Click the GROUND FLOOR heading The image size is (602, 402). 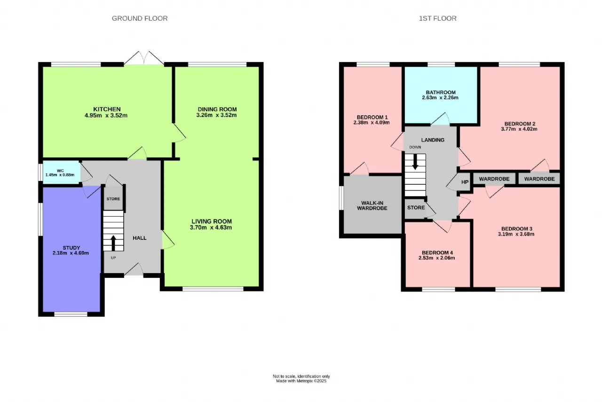click(140, 18)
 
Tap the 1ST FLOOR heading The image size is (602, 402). click(437, 18)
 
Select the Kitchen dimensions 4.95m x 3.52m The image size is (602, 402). click(106, 116)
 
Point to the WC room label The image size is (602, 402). click(60, 171)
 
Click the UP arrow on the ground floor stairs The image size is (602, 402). click(113, 243)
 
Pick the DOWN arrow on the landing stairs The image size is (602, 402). click(415, 161)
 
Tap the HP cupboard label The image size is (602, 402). click(465, 182)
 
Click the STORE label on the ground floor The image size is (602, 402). click(113, 199)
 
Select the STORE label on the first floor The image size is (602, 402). click(416, 207)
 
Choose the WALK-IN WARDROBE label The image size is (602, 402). click(372, 205)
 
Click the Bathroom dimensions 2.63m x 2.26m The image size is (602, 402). click(440, 97)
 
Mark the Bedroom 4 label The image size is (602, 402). click(437, 252)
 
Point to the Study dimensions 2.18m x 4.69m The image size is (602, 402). click(71, 253)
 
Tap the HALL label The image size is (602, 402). click(140, 238)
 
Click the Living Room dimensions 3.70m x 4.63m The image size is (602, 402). click(211, 228)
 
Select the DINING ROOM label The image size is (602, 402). click(217, 110)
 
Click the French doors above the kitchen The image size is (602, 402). click(144, 58)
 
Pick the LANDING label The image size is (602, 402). click(433, 140)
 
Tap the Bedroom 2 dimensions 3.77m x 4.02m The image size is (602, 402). click(519, 129)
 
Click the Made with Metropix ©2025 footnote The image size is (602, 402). click(301, 381)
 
